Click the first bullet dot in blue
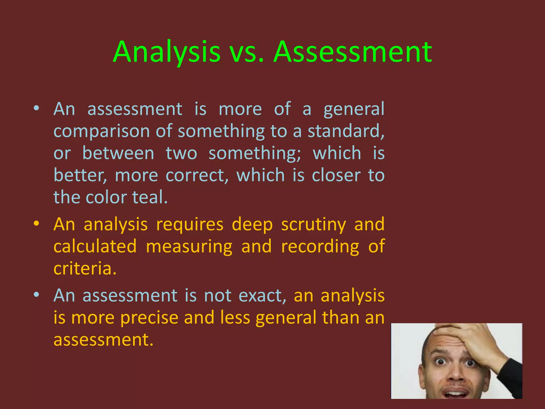pos(36,108)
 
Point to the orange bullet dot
pos(36,223)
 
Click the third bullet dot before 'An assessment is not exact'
pos(36,295)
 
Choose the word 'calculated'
pos(95,246)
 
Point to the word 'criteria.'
pos(85,268)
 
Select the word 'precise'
pos(149,318)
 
